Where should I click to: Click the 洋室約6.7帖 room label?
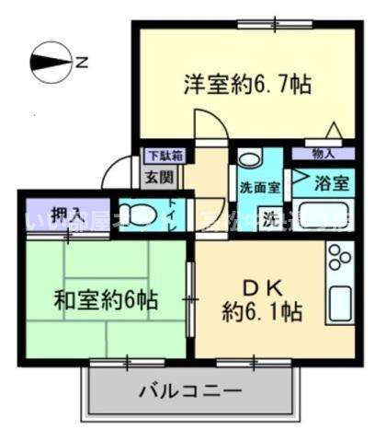[246, 86]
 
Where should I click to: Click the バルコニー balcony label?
[191, 390]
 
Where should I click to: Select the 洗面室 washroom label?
[260, 187]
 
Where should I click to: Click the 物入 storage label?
[323, 154]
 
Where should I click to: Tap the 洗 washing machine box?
[272, 220]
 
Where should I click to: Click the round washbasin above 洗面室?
[248, 158]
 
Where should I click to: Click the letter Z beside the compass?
[82, 64]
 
